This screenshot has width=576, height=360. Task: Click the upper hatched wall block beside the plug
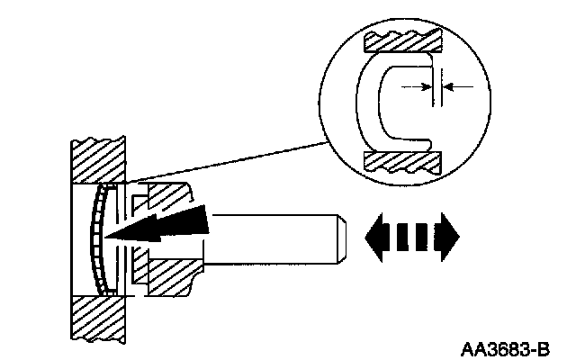pos(100,162)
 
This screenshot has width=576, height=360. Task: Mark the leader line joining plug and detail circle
pos(225,162)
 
